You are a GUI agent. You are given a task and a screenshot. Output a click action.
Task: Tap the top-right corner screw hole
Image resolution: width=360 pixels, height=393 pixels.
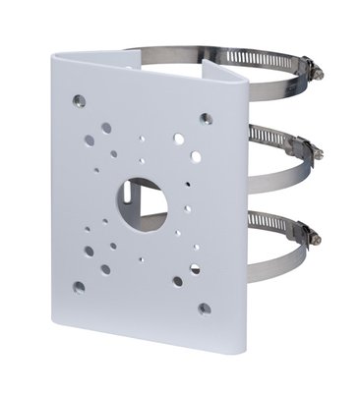click(x=206, y=119)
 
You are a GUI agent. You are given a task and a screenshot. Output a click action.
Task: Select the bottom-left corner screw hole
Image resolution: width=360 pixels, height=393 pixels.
click(x=78, y=287)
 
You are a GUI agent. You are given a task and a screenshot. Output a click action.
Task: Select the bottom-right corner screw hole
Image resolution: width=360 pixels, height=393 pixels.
click(x=204, y=309)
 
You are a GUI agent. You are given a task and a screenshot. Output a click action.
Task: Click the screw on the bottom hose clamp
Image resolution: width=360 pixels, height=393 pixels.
click(x=313, y=236)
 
